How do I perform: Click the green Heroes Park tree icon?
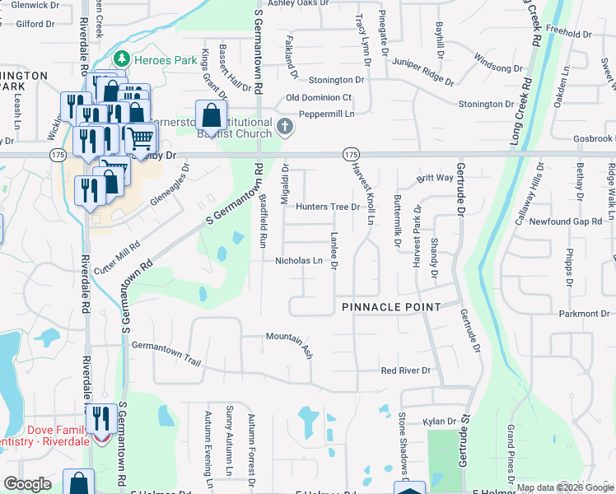pyautogui.click(x=122, y=58)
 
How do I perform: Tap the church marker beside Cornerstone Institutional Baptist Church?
pyautogui.click(x=285, y=126)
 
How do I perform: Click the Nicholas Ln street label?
pyautogui.click(x=299, y=260)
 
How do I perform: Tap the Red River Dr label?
pyautogui.click(x=405, y=370)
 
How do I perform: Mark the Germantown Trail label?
pyautogui.click(x=166, y=353)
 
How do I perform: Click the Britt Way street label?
pyautogui.click(x=435, y=178)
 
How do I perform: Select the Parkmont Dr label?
pyautogui.click(x=582, y=314)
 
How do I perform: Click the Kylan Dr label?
pyautogui.click(x=439, y=422)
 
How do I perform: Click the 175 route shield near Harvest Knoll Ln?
pyautogui.click(x=351, y=154)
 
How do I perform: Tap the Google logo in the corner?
pyautogui.click(x=28, y=484)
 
